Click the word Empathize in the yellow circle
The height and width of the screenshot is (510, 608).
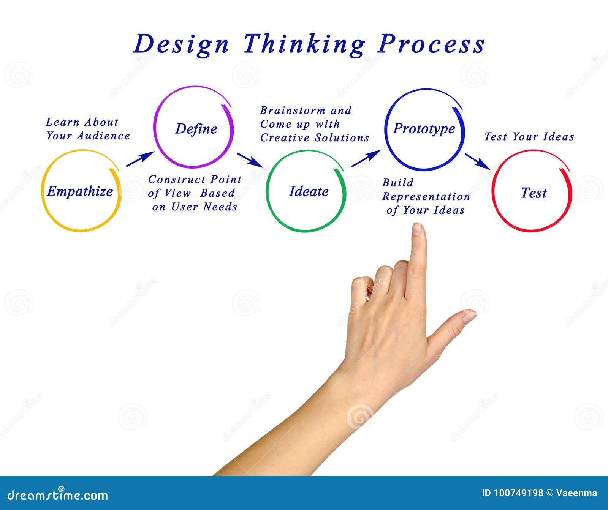tap(80, 191)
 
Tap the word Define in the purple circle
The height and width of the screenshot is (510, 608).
tap(196, 129)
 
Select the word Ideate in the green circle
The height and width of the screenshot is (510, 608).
tap(309, 191)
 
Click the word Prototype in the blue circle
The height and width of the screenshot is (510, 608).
tap(424, 129)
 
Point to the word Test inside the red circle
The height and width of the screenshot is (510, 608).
tap(533, 193)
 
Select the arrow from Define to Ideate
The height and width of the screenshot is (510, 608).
tap(250, 160)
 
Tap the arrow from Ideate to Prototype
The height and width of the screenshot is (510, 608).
tap(366, 158)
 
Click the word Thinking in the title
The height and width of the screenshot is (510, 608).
tap(304, 44)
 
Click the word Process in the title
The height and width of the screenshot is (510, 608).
tap(431, 44)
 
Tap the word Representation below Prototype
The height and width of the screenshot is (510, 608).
tap(426, 197)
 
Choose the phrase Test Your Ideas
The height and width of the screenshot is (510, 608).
tap(529, 137)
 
